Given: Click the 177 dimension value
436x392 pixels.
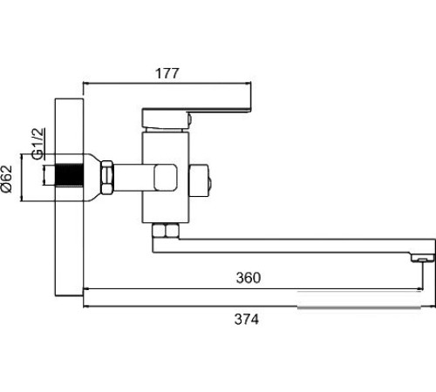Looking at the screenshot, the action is (167, 73).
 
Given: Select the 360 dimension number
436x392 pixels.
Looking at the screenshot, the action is (249, 278).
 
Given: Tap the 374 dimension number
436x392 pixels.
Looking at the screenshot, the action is (247, 320).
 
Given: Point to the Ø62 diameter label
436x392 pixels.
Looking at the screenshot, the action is (7, 179).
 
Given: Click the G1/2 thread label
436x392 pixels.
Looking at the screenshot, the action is (38, 144).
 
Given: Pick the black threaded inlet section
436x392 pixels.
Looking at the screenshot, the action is (69, 175).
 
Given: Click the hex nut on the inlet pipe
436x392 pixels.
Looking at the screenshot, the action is (107, 177).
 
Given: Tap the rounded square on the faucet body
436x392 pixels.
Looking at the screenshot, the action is (166, 178).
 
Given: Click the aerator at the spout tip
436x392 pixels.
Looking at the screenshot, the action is (422, 258).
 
